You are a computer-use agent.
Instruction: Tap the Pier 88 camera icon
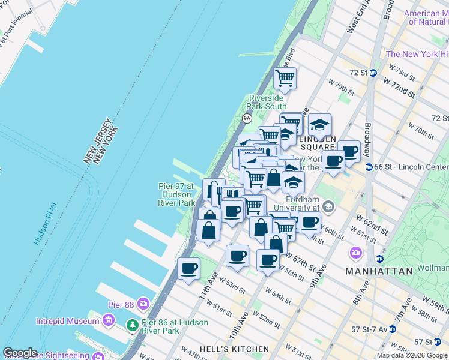[x=143, y=304]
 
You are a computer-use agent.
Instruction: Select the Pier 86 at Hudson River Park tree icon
[x=132, y=326]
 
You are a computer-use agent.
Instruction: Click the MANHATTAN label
[x=379, y=271]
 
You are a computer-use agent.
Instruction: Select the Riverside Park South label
[x=267, y=102]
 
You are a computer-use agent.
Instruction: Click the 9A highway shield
[x=247, y=118]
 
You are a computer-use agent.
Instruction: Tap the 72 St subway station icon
[x=373, y=73]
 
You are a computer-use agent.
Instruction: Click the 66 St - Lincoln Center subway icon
[x=369, y=167]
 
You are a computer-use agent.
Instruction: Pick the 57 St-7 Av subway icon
[x=393, y=329]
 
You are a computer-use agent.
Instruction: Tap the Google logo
[x=20, y=353]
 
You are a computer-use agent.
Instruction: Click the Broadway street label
[x=367, y=137]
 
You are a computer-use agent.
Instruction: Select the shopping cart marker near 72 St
[x=285, y=77]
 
